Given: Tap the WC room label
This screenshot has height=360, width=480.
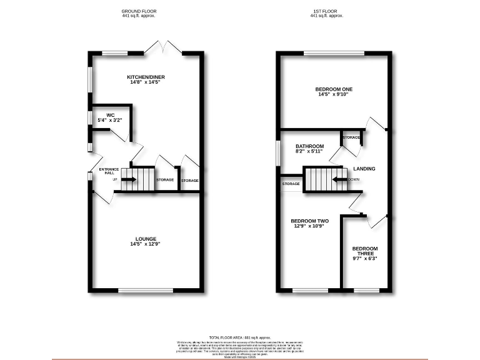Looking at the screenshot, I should click(110, 115).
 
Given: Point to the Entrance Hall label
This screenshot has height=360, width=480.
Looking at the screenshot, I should click(108, 170).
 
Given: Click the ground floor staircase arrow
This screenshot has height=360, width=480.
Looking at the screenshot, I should click(129, 179).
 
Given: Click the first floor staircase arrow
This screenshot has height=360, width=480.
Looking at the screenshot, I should click(339, 179).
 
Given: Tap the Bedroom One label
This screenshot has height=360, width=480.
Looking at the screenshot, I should click(334, 89).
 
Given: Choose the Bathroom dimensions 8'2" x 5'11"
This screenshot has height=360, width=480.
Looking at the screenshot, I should click(309, 151).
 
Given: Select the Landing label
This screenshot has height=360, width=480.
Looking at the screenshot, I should click(364, 169).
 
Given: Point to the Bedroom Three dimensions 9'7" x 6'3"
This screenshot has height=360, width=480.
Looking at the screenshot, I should click(364, 258).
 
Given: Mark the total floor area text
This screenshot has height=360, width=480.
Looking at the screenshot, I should click(239, 337).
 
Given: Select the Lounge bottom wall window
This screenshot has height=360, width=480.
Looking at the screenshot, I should click(137, 290).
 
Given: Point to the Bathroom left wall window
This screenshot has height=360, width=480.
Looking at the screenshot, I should click(279, 154).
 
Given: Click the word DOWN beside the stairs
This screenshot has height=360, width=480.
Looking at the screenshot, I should click(354, 179).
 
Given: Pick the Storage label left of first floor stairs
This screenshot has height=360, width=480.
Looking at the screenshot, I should click(291, 184).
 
